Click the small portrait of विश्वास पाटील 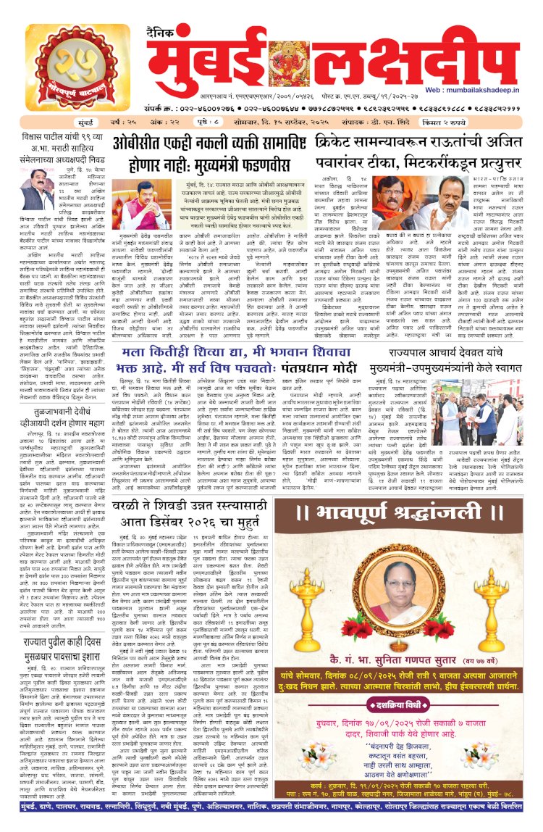pyautogui.click(x=37, y=189)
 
